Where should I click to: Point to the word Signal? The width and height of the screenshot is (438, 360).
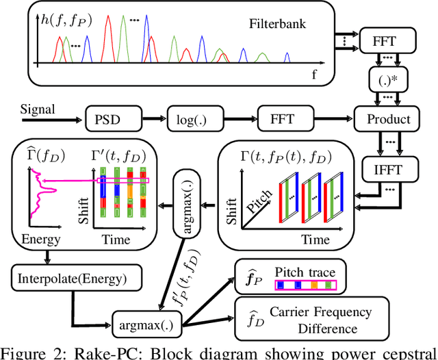[x=37, y=110]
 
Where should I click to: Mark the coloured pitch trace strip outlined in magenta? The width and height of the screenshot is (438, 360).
[x=305, y=286]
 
